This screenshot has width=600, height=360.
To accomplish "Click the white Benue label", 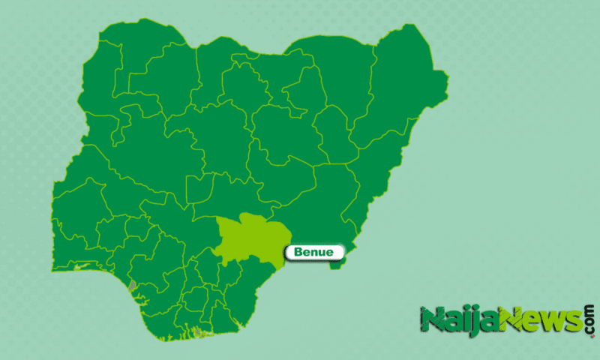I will [x=314, y=252].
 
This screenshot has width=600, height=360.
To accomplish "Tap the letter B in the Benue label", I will [x=298, y=252].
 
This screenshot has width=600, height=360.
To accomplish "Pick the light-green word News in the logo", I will [x=539, y=320].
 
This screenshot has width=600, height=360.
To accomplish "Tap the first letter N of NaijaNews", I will [x=432, y=321].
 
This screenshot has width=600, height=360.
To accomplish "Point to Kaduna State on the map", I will [x=210, y=135].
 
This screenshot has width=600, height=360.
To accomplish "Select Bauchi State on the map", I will [x=285, y=127].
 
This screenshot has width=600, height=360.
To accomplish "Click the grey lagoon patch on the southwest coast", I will [x=133, y=286].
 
